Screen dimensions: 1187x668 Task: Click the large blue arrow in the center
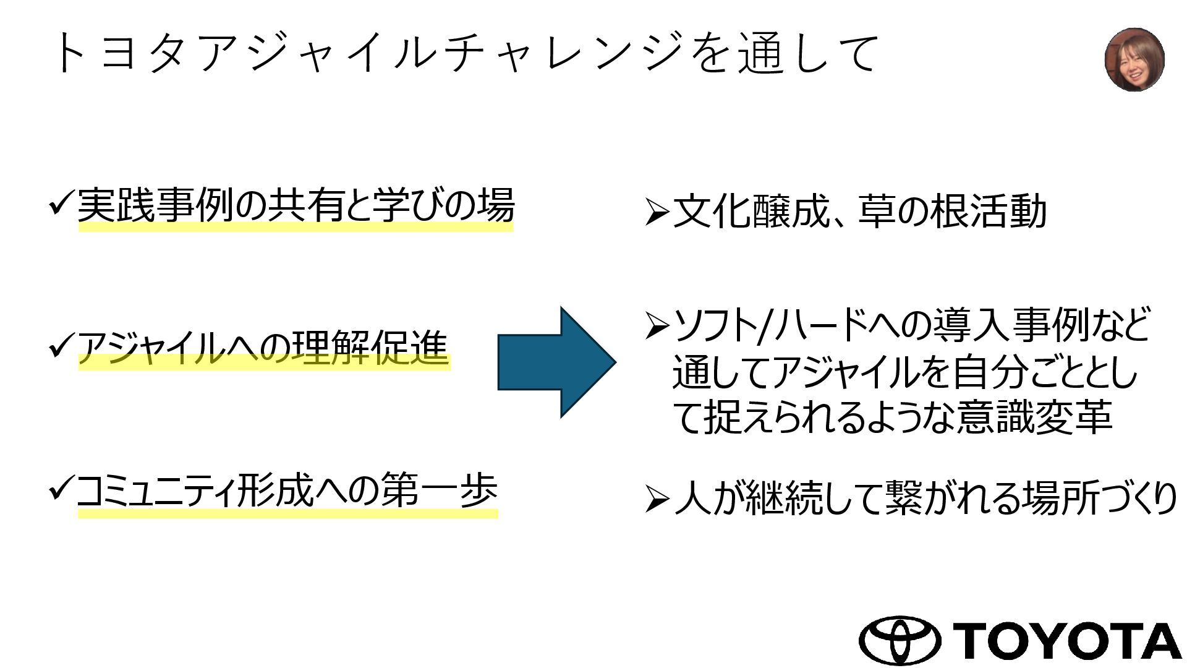coord(556,362)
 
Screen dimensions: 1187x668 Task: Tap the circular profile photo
coord(1134,60)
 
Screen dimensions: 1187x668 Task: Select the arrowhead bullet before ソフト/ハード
coord(656,325)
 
